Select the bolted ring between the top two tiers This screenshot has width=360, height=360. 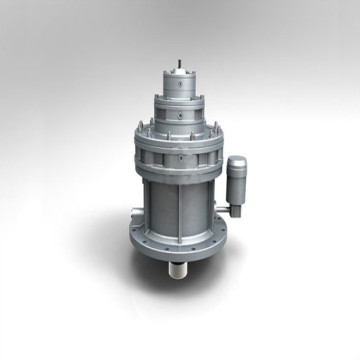click(180, 92)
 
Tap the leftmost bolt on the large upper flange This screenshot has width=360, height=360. click(137, 135)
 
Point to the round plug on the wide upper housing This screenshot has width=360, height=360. click(181, 156)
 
